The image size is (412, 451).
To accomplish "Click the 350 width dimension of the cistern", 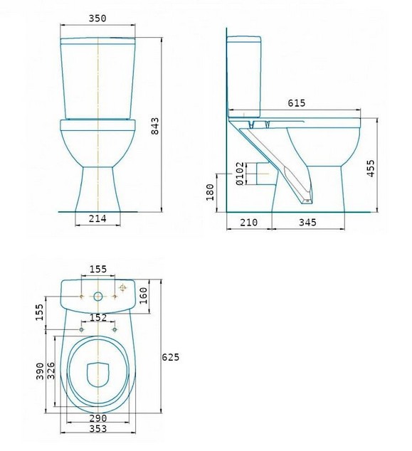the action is [97, 18].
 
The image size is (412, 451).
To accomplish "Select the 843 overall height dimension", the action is [155, 126].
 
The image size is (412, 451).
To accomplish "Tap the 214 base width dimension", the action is [97, 218].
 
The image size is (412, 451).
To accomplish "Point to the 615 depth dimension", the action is [296, 103].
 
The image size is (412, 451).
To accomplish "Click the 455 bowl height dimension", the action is [371, 169].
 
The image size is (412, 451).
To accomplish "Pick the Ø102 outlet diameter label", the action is [240, 174].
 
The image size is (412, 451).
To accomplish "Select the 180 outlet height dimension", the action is [210, 192].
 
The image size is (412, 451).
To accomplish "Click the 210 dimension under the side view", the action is [248, 223].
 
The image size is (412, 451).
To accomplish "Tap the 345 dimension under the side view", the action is [307, 223].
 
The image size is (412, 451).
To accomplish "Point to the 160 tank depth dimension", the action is [143, 295].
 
